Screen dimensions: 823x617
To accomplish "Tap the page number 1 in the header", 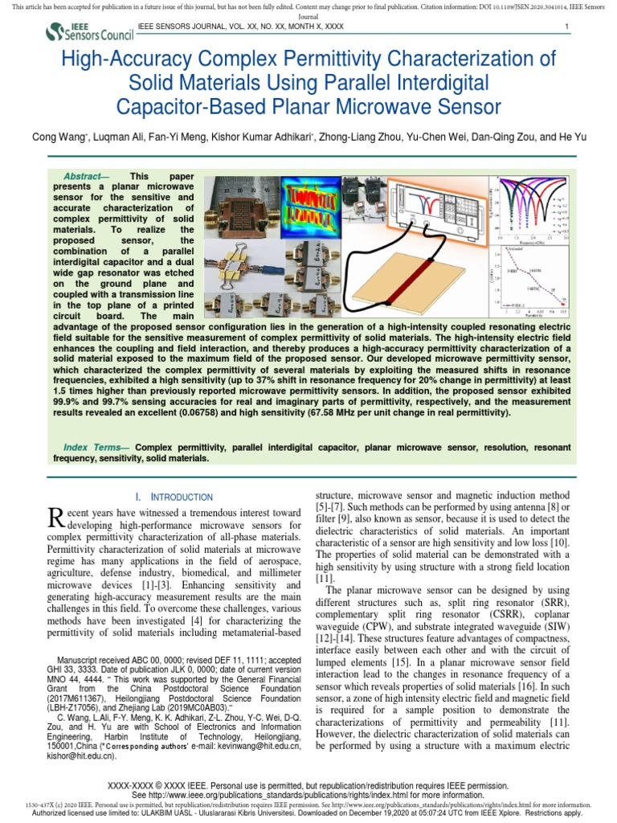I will click(567, 27).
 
